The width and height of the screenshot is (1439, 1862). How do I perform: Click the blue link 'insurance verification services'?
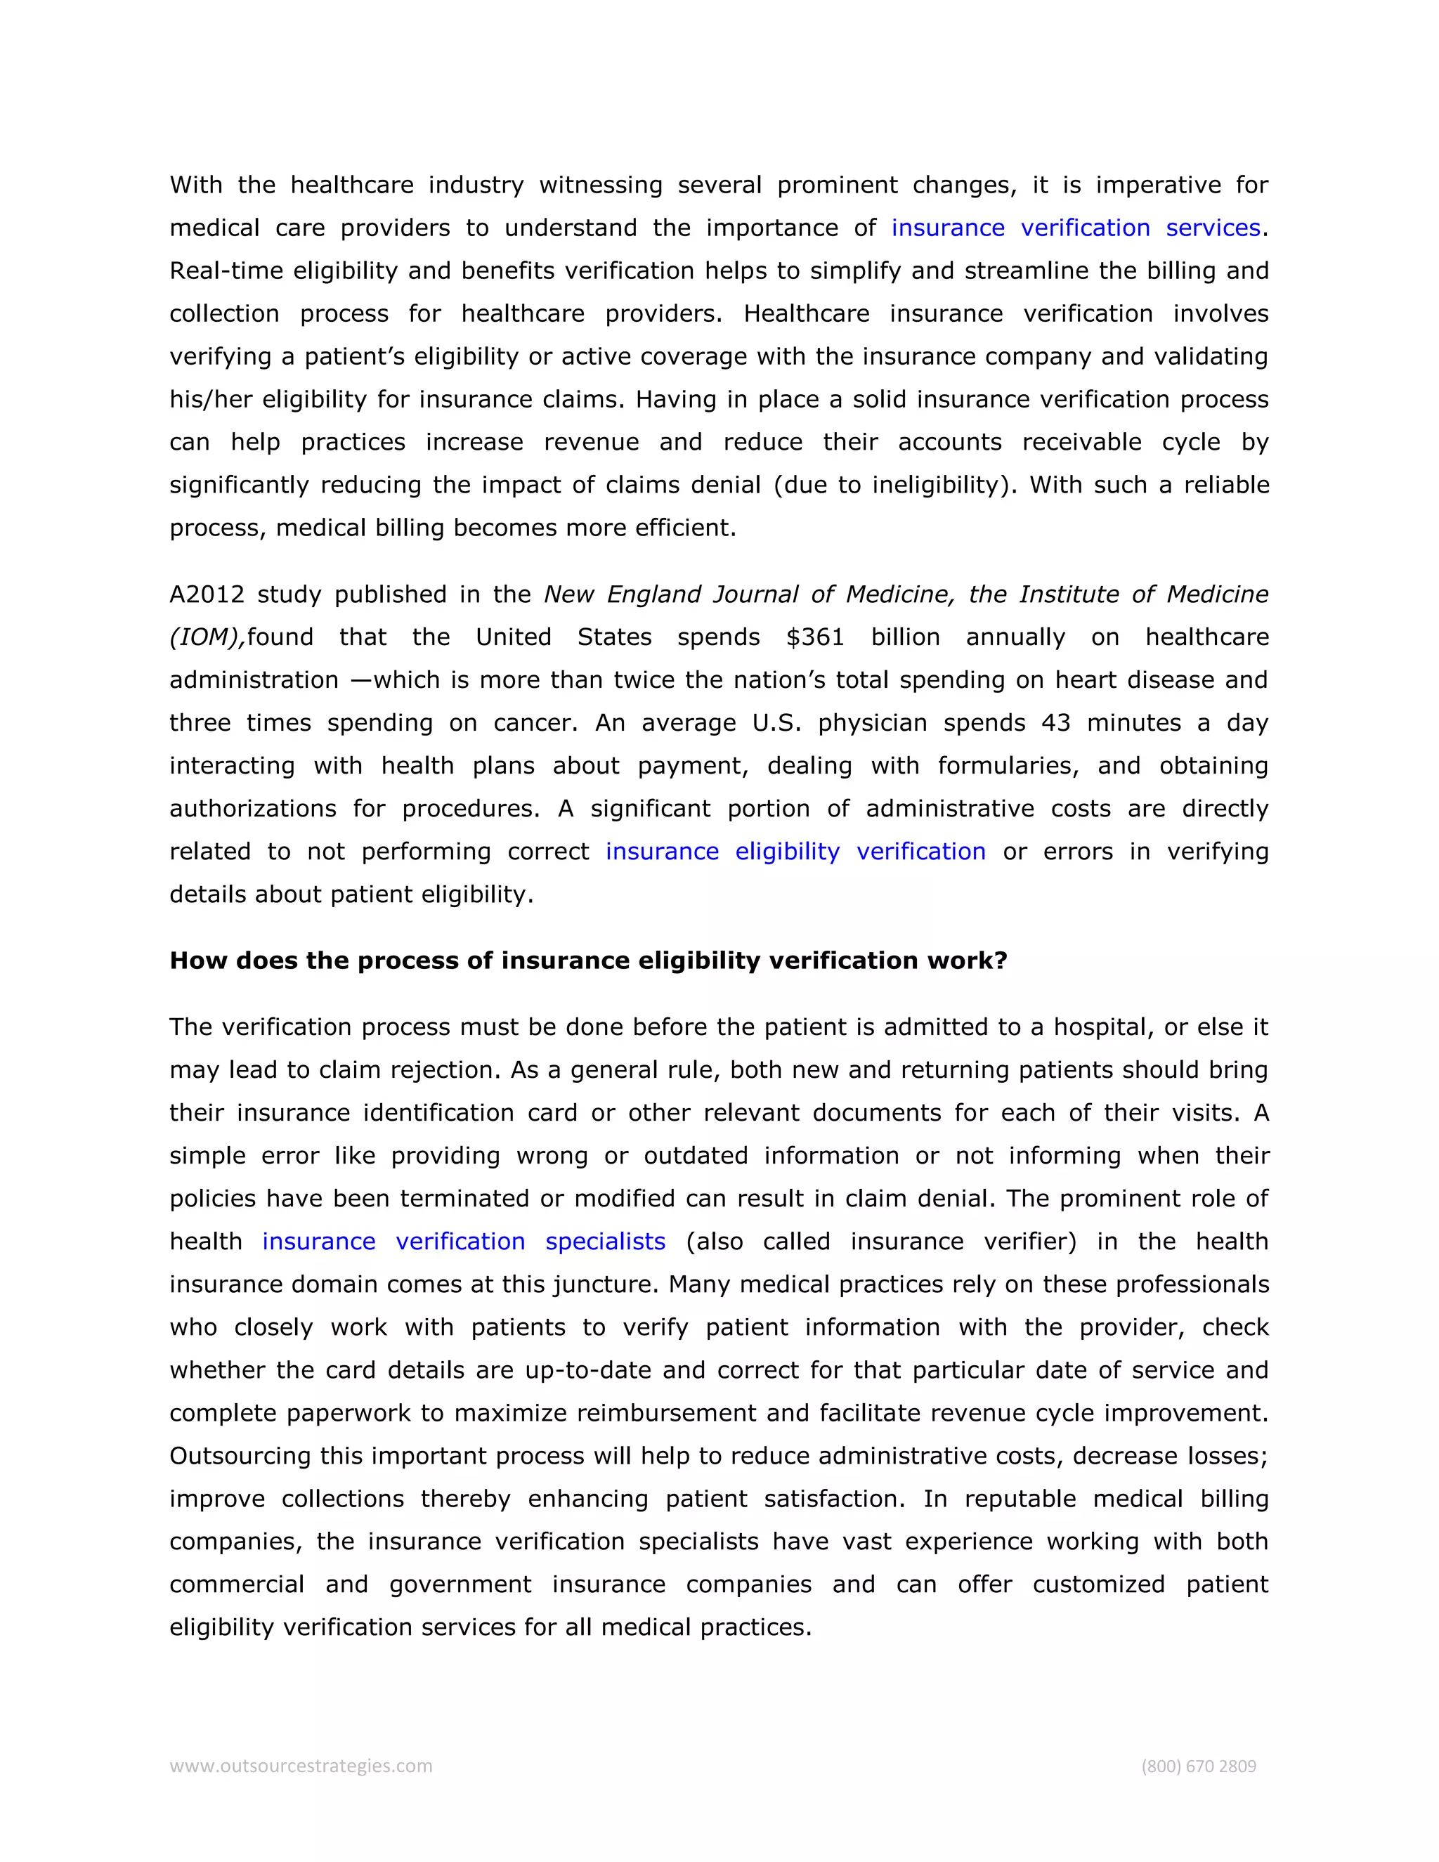pos(1075,228)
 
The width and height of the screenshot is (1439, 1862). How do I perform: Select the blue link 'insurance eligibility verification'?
pos(795,851)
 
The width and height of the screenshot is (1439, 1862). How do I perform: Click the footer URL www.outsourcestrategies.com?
pos(301,1766)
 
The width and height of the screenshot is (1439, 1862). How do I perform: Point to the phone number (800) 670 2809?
pos(1198,1766)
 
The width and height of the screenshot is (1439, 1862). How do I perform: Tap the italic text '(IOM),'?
pos(207,638)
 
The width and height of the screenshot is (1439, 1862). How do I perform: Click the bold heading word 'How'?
pos(199,960)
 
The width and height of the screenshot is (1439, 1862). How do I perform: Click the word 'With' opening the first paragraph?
pos(195,185)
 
